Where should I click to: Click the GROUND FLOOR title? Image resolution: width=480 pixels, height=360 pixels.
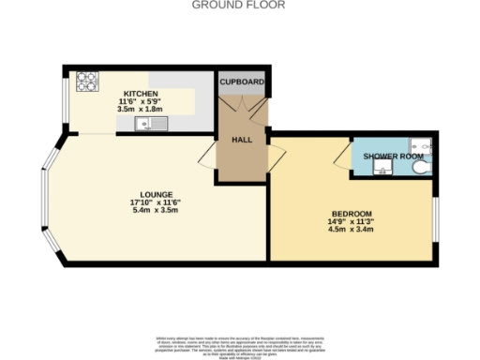coord(239,5)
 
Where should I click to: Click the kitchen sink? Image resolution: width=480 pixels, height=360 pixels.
coord(151,123)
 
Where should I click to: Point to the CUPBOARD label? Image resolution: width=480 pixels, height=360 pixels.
coord(243,82)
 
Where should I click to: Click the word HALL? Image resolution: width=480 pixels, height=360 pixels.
coord(243,140)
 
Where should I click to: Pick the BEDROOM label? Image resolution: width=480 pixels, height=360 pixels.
coord(351,214)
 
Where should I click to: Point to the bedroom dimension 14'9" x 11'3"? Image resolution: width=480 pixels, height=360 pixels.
coord(351,222)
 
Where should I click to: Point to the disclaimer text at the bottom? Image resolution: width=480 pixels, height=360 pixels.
coord(239,344)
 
